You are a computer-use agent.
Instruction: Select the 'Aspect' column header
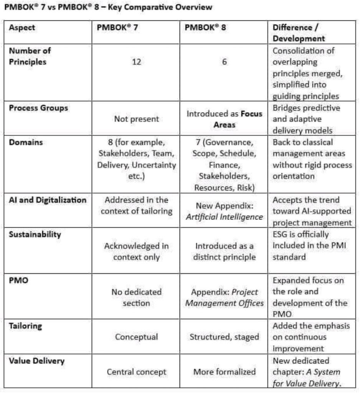tap(22, 28)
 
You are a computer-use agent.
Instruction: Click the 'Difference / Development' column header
tap(299, 33)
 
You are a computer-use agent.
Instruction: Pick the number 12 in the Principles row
tap(136, 62)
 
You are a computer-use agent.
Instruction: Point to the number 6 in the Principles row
tap(225, 62)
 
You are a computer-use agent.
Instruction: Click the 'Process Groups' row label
tap(38, 108)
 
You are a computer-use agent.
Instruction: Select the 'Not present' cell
tap(136, 119)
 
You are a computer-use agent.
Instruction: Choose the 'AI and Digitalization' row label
tap(48, 200)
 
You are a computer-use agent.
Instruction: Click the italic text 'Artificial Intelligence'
tap(225, 217)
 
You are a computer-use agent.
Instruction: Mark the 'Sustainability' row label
tap(35, 234)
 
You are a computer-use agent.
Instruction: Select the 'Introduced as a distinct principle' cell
tap(225, 251)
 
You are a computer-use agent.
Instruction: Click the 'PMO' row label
tap(17, 281)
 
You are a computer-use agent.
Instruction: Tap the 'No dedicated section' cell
tap(136, 297)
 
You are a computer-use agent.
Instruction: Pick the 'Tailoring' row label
tap(26, 326)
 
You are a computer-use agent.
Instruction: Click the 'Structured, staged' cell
tap(225, 337)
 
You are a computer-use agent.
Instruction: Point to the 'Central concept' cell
tap(136, 372)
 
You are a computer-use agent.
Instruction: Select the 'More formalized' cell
tap(225, 372)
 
